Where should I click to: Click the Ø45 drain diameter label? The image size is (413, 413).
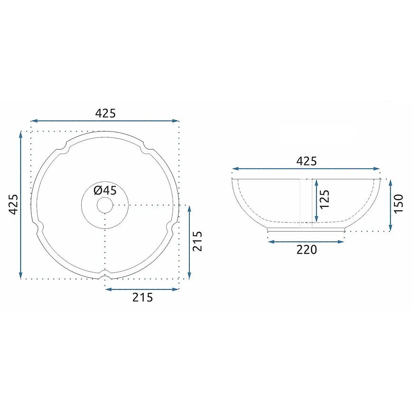point(105,190)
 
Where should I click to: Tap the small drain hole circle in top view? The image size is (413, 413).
point(105,205)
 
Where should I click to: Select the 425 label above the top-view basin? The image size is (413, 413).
point(105,113)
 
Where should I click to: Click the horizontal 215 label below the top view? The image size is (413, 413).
point(142,297)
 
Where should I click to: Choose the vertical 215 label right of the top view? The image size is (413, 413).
point(197,241)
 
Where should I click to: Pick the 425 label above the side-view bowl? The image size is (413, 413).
point(307,161)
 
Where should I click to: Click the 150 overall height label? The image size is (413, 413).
point(398,203)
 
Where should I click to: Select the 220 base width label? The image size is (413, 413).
point(307,250)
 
